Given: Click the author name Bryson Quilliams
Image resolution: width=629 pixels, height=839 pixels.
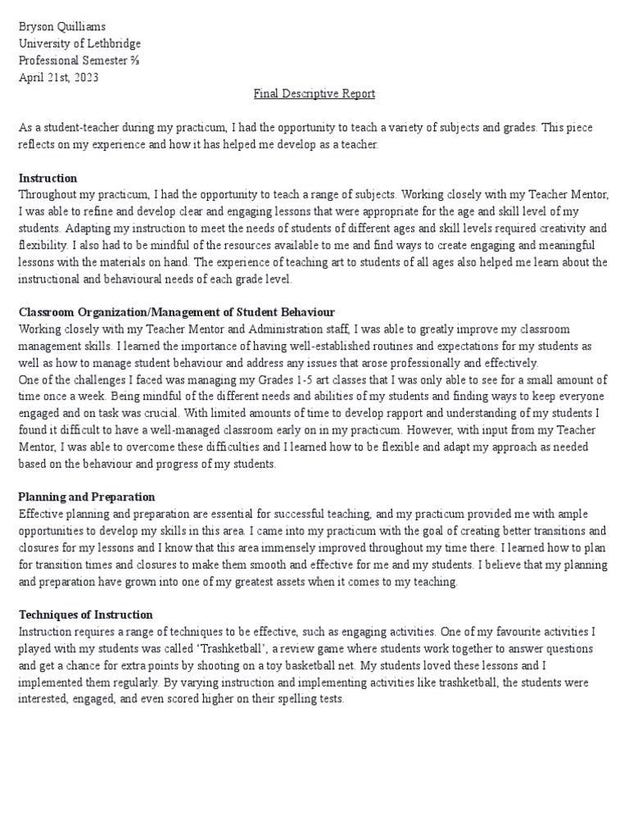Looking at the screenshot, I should [x=61, y=27].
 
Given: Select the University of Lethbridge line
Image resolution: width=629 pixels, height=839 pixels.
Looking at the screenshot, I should [x=79, y=43].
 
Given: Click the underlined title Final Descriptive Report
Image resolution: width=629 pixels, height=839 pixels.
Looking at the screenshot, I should [x=314, y=93].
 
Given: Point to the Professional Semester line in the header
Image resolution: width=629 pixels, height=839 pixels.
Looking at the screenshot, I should [x=79, y=61].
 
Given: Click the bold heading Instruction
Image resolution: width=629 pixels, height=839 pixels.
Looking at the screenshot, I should [x=48, y=178].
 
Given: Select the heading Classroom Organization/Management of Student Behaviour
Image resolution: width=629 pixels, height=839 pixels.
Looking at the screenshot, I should [x=176, y=312].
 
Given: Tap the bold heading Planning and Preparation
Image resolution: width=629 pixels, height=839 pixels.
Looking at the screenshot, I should [x=86, y=497].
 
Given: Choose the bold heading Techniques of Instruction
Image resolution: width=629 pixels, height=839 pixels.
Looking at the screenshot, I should [x=85, y=615].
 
